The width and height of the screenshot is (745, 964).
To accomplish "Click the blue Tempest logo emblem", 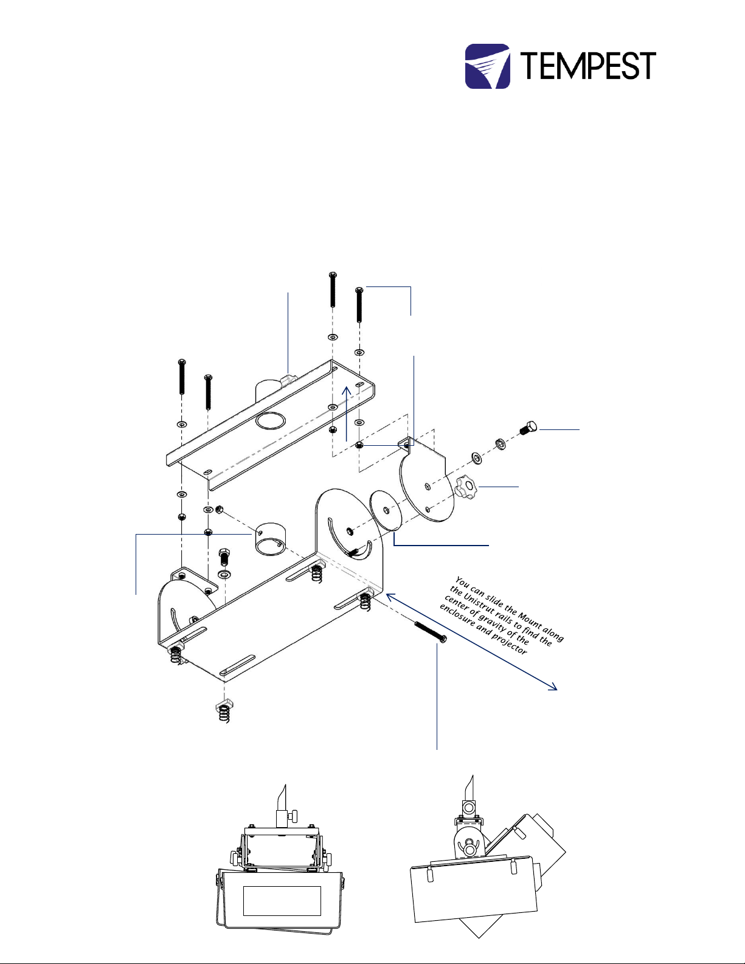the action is point(487,66).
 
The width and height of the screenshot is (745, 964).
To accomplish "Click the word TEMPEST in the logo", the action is point(587,66).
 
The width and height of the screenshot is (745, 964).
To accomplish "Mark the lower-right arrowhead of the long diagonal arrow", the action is point(553,688).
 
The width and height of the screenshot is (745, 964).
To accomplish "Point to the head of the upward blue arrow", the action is point(346,389).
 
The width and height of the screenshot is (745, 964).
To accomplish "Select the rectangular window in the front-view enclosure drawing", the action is point(282,900).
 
